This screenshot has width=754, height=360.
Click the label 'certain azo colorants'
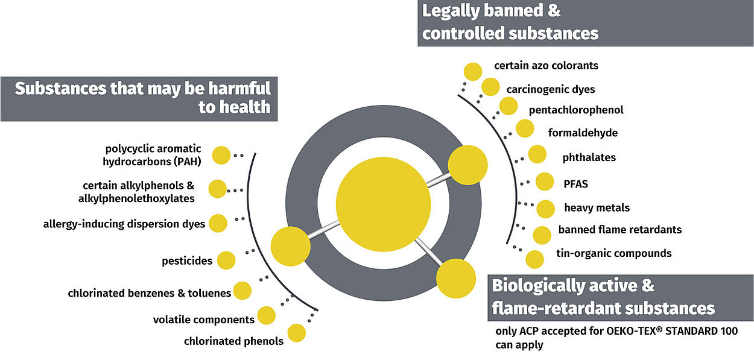pyautogui.click(x=546, y=65)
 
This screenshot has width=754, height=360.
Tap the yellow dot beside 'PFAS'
pyautogui.click(x=545, y=182)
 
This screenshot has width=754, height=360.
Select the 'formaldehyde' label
pyautogui.click(x=583, y=133)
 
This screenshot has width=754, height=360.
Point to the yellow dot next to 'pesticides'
pyautogui.click(x=226, y=261)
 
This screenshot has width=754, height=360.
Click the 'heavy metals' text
pyautogui.click(x=597, y=208)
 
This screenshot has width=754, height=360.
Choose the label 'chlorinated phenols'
pyautogui.click(x=233, y=341)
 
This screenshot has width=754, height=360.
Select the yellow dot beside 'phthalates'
pyautogui.click(x=537, y=154)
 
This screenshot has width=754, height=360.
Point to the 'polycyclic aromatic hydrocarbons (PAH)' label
pyautogui.click(x=153, y=155)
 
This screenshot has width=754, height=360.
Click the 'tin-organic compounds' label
pyautogui.click(x=614, y=253)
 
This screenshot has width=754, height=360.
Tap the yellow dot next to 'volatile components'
pyautogui.click(x=266, y=315)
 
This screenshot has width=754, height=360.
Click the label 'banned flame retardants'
pyautogui.click(x=619, y=230)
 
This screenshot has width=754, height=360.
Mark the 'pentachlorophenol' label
pyautogui.click(x=576, y=110)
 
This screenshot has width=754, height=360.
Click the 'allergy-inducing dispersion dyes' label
pyautogui.click(x=124, y=224)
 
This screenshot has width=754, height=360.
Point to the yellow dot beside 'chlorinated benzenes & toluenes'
pyautogui.click(x=242, y=291)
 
